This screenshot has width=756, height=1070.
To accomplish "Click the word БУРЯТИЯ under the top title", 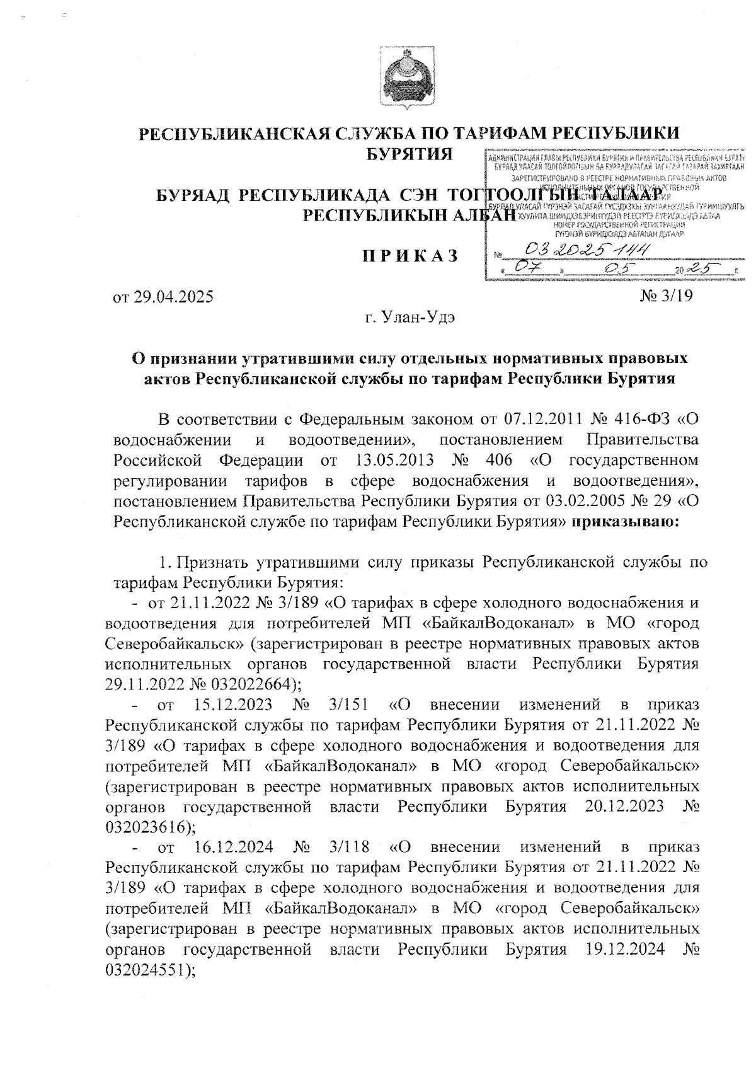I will click(410, 153).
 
